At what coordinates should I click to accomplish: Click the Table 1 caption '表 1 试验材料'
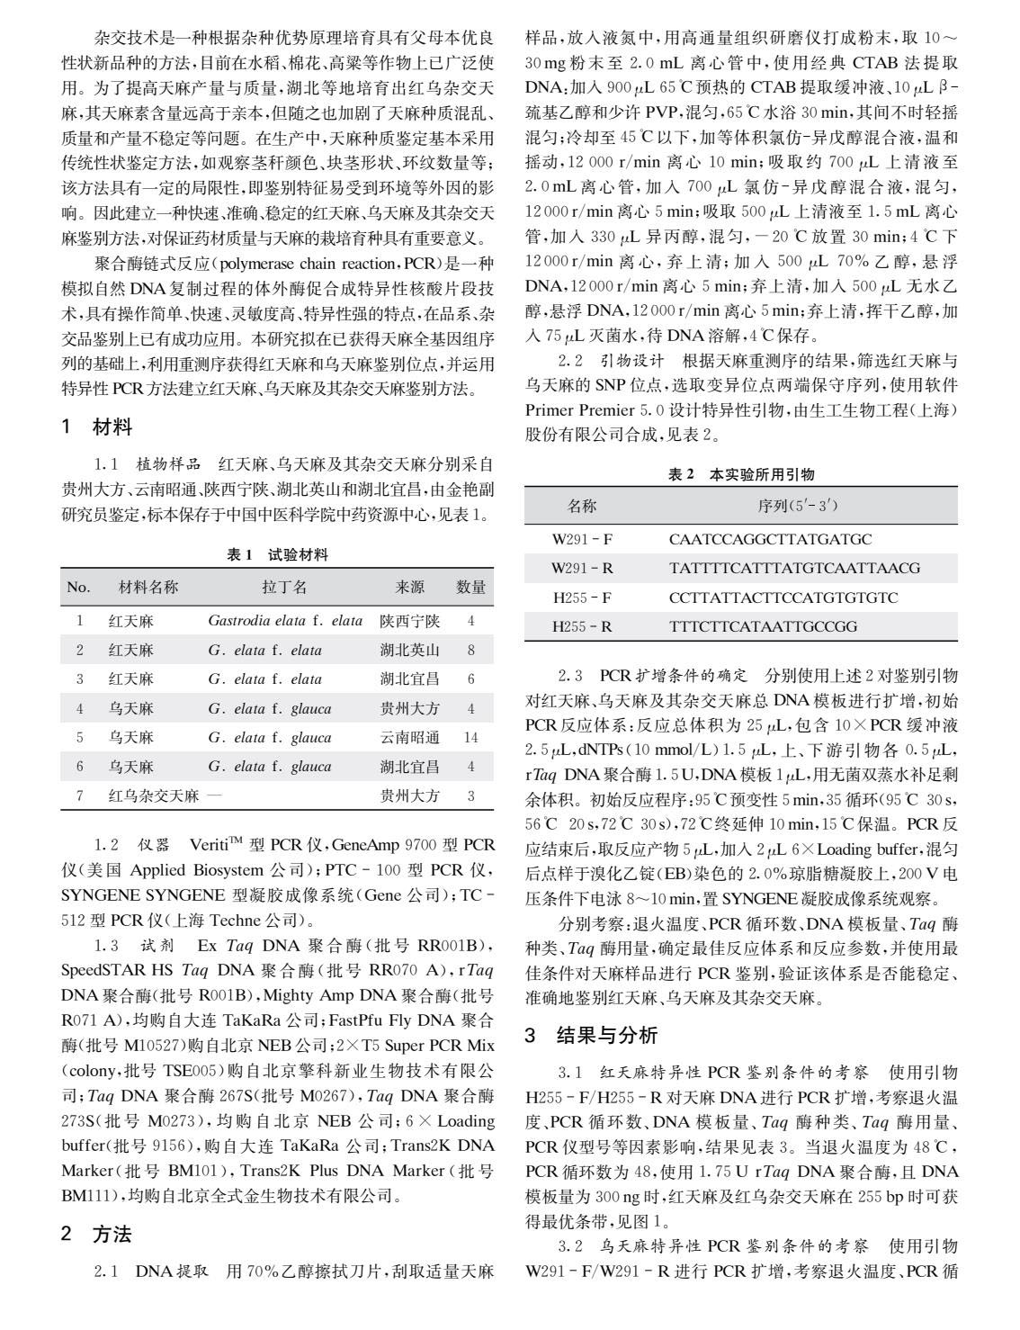click(277, 555)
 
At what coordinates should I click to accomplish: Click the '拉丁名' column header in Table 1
click(284, 588)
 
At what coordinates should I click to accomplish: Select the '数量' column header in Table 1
click(470, 588)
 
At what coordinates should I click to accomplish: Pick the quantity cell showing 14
click(470, 738)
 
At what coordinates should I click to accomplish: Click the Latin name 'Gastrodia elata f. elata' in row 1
click(284, 621)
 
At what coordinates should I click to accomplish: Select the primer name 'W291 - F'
click(582, 540)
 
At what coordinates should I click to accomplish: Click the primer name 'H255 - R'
click(582, 626)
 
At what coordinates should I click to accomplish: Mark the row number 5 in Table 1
click(79, 738)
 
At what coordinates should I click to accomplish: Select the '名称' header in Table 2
click(581, 506)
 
